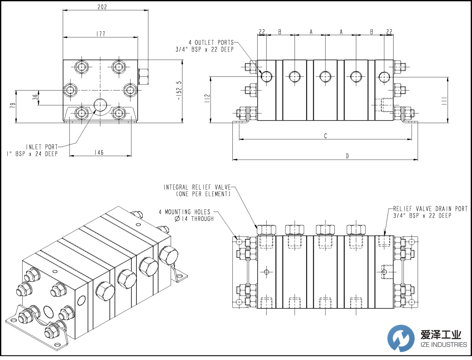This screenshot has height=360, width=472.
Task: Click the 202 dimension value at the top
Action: tap(102, 7)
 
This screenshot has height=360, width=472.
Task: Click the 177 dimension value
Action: tap(100, 33)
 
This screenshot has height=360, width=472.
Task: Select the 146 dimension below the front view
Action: tap(99, 152)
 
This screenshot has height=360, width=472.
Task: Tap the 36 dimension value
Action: tap(35, 98)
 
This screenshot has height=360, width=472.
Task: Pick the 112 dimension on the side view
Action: tap(207, 100)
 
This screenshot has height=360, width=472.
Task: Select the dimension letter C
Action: tap(326, 136)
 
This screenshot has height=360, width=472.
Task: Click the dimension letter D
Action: tap(348, 156)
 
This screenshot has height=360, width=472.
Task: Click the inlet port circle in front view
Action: tap(100, 105)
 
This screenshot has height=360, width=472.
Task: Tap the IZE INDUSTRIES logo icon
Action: tap(401, 338)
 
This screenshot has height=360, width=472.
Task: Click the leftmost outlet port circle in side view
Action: tap(267, 76)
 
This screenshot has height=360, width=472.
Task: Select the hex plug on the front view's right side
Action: tap(144, 76)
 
